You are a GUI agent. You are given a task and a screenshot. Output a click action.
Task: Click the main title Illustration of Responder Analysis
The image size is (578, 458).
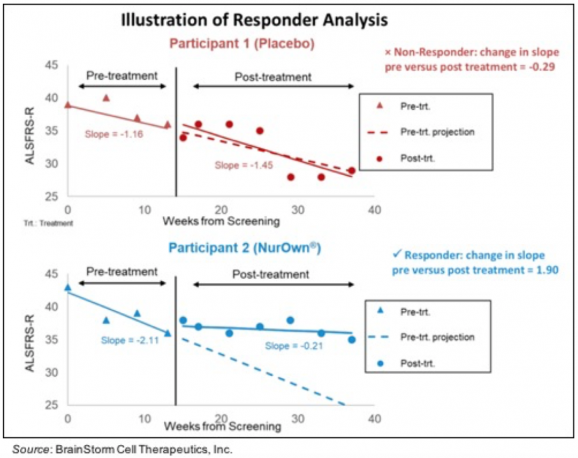pyautogui.click(x=254, y=20)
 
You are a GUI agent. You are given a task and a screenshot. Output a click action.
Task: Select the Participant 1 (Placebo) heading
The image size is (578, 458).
pyautogui.click(x=242, y=43)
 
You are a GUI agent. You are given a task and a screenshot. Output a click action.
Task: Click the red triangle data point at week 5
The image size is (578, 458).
pyautogui.click(x=106, y=98)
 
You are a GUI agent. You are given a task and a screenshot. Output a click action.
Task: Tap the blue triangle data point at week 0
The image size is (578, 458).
pyautogui.click(x=68, y=287)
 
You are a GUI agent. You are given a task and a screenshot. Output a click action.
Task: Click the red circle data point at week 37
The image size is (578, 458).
pyautogui.click(x=352, y=171)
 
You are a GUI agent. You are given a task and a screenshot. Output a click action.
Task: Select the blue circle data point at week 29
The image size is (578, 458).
pyautogui.click(x=290, y=320)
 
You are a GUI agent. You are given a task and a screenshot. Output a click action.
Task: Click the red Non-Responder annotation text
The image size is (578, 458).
pyautogui.click(x=472, y=59)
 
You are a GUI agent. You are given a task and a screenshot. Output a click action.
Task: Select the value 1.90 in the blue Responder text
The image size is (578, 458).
pyautogui.click(x=546, y=270)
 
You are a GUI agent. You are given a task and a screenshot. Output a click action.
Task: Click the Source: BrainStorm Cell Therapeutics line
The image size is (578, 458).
pyautogui.click(x=122, y=449)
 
